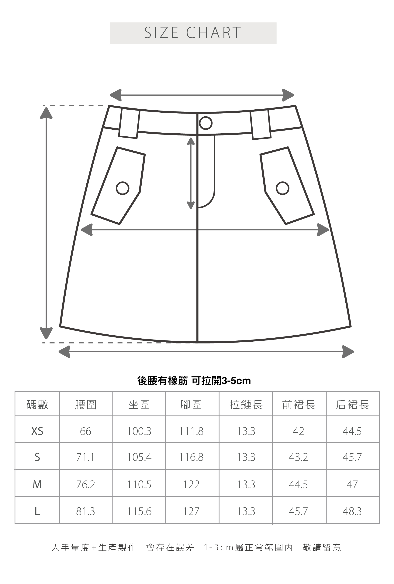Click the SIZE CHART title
(x=193, y=33)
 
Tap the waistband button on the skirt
(x=206, y=123)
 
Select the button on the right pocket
(x=282, y=188)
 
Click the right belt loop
(x=260, y=124)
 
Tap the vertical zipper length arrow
(x=191, y=173)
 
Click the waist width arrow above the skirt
(x=202, y=95)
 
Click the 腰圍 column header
(x=86, y=405)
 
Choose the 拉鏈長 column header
(x=246, y=405)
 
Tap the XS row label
(x=37, y=431)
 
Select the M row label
(x=37, y=484)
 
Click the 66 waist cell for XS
(x=86, y=431)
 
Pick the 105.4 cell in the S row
(x=139, y=457)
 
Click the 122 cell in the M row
(x=191, y=484)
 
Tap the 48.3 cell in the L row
(x=352, y=511)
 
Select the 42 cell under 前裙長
(x=298, y=431)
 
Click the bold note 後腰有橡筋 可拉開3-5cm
(x=194, y=381)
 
